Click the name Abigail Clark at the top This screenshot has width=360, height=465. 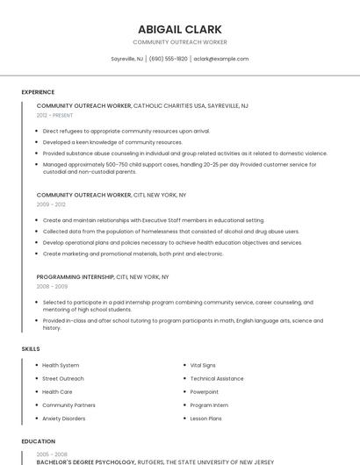[x=179, y=29]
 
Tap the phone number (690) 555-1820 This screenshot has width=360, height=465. [x=168, y=59]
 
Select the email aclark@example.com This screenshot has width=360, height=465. [x=221, y=59]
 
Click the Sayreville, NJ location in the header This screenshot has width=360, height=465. [x=127, y=59]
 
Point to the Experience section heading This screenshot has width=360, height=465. [x=38, y=92]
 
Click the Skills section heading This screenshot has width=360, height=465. [x=31, y=349]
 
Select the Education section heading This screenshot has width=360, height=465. [x=39, y=441]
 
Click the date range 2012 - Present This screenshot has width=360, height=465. [x=55, y=115]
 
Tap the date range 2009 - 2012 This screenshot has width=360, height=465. [x=51, y=204]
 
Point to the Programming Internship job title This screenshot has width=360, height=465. [x=76, y=277]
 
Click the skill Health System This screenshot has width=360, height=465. [x=61, y=365]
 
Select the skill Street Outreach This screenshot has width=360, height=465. [x=63, y=378]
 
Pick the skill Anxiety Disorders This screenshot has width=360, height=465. [x=64, y=418]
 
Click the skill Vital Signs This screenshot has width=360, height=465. [x=203, y=365]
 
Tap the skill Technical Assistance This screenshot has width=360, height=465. [x=217, y=378]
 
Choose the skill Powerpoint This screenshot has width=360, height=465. [x=205, y=391]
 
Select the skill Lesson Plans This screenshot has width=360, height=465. [x=205, y=418]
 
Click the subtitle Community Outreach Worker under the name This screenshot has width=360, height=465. [x=179, y=42]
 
